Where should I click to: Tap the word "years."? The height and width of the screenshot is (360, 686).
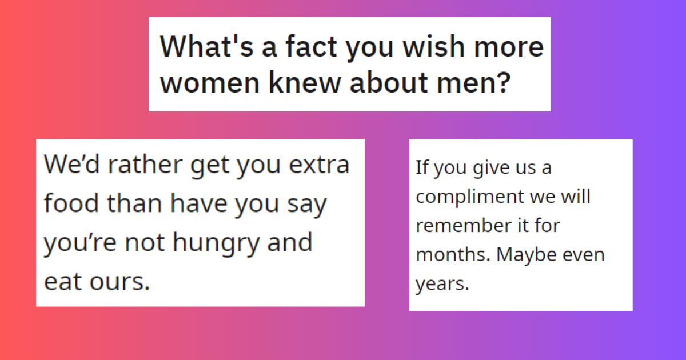point(442,284)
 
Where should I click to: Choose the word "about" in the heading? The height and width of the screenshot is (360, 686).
point(396,84)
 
